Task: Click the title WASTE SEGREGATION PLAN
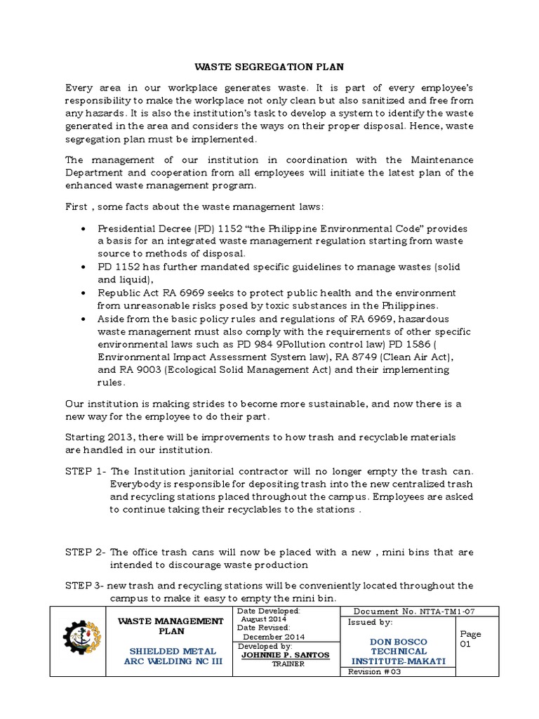pyautogui.click(x=269, y=67)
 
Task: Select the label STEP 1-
pyautogui.click(x=86, y=470)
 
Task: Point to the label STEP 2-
pyautogui.click(x=86, y=552)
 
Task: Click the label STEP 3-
pyautogui.click(x=86, y=585)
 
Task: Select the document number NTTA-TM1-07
pyautogui.click(x=447, y=612)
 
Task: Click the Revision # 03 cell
pyautogui.click(x=374, y=671)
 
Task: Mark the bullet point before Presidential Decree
pyautogui.click(x=84, y=229)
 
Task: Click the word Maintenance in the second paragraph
pyautogui.click(x=441, y=160)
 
